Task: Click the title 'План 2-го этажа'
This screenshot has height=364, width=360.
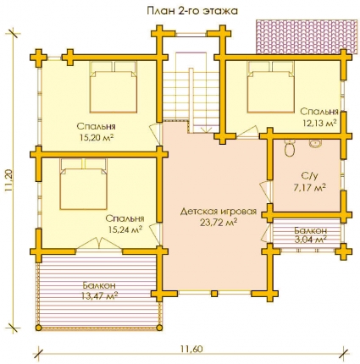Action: coord(192,11)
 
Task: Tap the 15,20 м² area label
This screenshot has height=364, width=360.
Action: coord(97,137)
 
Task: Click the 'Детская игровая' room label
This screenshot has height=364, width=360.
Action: coord(219,212)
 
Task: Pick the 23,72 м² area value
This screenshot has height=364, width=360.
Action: coord(219,223)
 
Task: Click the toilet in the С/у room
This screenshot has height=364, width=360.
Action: coord(290,148)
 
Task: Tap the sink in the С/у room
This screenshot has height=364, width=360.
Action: coord(314,144)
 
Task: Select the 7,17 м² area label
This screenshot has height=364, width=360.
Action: coord(310,188)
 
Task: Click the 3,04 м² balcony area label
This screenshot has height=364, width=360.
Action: coord(311,240)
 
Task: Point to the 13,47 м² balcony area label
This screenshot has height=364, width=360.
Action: coord(99,296)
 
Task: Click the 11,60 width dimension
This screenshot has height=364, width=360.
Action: coord(191,349)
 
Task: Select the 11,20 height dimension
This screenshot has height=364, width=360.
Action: coord(8,181)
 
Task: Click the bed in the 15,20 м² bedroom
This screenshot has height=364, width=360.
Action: coord(114,87)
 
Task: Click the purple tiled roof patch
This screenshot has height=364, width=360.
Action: coord(306,36)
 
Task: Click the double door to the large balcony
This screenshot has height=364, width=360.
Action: coord(99,243)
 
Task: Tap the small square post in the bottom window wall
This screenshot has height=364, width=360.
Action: coord(214,294)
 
